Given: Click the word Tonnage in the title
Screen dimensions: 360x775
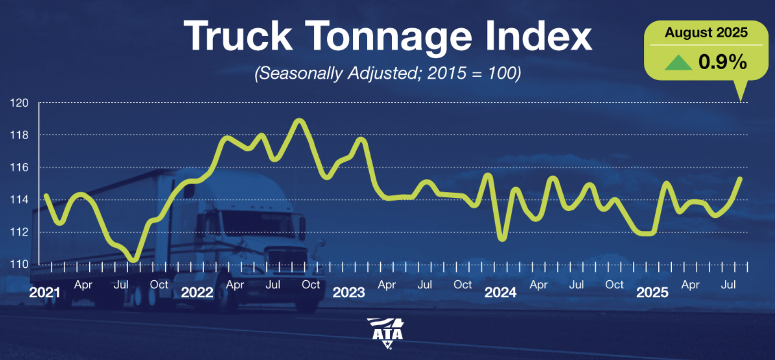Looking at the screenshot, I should point(388,36).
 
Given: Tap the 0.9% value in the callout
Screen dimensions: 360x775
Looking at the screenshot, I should point(722,62).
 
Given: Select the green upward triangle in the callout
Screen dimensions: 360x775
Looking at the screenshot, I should point(678,62).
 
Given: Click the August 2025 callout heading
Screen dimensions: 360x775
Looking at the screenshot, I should point(706,33).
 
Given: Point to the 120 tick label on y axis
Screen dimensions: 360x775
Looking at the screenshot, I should point(19,103).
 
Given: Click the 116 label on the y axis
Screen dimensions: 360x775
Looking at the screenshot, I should point(19,168).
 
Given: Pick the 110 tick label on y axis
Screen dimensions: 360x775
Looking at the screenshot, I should point(19,264).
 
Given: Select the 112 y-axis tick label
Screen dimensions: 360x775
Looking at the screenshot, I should point(19,232).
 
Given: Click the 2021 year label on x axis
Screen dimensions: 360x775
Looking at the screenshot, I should point(45,292).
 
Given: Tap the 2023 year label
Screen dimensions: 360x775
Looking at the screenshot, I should point(349,292).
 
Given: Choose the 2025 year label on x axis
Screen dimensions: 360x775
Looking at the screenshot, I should point(652,292).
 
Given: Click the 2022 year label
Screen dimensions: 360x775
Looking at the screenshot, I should point(197,292).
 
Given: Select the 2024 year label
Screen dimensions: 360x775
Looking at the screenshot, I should point(500,292).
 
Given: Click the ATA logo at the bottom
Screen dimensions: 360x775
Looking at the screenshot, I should point(387,332).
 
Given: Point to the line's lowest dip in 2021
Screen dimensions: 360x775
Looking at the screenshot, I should point(134,260).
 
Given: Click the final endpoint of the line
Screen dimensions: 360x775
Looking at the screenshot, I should point(740,179).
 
